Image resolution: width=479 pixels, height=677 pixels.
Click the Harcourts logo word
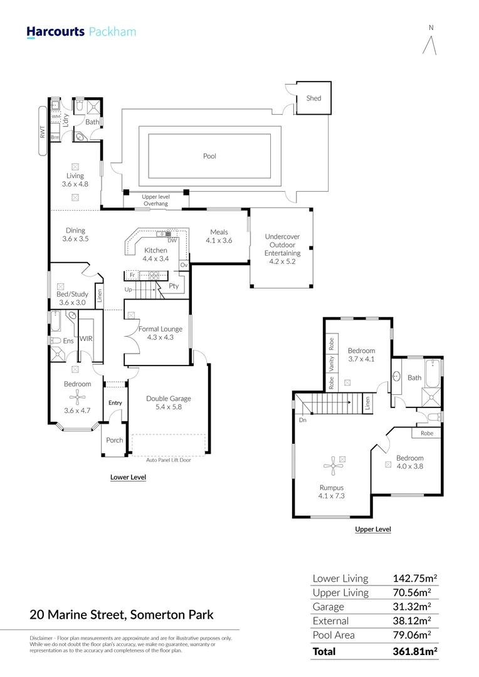pyautogui.click(x=55, y=32)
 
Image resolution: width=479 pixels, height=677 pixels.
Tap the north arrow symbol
pyautogui.click(x=429, y=45)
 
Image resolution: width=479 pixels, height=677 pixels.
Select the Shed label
pyautogui.click(x=313, y=98)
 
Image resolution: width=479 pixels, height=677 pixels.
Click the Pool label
pyautogui.click(x=209, y=156)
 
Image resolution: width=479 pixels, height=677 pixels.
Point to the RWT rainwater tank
pyautogui.click(x=43, y=131)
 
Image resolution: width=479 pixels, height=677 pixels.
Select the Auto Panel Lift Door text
pyautogui.click(x=169, y=460)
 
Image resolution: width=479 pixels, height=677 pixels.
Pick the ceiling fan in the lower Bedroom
pyautogui.click(x=77, y=397)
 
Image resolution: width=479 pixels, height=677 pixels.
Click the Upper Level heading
pyautogui.click(x=373, y=529)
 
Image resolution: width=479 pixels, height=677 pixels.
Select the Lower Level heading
pyautogui.click(x=128, y=477)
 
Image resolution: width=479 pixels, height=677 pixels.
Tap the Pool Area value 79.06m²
pyautogui.click(x=412, y=634)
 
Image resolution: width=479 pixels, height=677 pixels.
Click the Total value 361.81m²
pyautogui.click(x=415, y=651)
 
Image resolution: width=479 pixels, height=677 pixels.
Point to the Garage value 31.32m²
pyautogui.click(x=412, y=606)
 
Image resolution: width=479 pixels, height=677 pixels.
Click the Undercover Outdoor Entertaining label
pyautogui.click(x=283, y=249)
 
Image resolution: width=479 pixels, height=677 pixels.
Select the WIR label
pyautogui.click(x=86, y=338)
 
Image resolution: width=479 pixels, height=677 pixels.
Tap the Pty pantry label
pyautogui.click(x=174, y=286)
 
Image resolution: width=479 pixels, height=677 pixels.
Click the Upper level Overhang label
pyautogui.click(x=156, y=200)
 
